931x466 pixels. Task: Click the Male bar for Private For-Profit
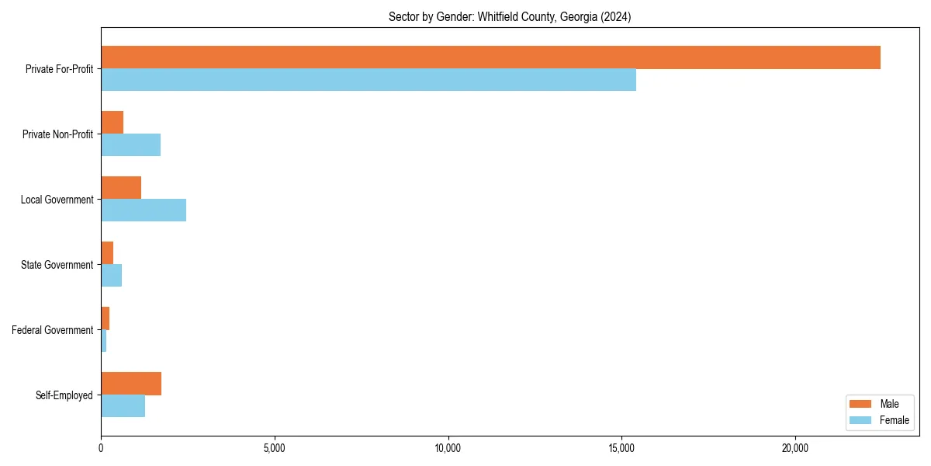coord(490,57)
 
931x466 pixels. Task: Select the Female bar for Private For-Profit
coord(369,80)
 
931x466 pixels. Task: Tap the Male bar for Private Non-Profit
coord(112,123)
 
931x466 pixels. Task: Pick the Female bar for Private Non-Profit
coord(130,145)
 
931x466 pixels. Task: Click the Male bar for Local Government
coord(121,188)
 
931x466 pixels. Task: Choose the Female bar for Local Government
coord(144,210)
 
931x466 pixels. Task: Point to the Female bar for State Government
coord(112,276)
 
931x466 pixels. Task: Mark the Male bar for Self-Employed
coord(131,384)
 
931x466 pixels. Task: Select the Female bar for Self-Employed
coord(123,406)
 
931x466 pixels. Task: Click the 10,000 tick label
coord(448,448)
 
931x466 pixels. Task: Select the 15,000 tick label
coord(622,448)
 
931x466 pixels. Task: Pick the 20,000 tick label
coord(795,448)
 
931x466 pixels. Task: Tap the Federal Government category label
coord(53,330)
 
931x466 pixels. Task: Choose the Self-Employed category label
coord(64,395)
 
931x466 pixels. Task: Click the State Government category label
coord(57,265)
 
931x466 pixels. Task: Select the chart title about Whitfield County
coord(510,17)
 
